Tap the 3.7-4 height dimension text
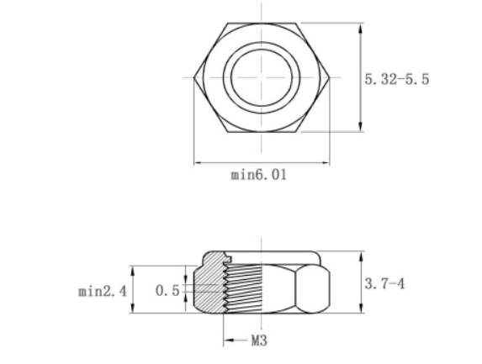[384, 284]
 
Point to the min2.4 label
[102, 291]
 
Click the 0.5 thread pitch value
[167, 291]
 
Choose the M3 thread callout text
[259, 341]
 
